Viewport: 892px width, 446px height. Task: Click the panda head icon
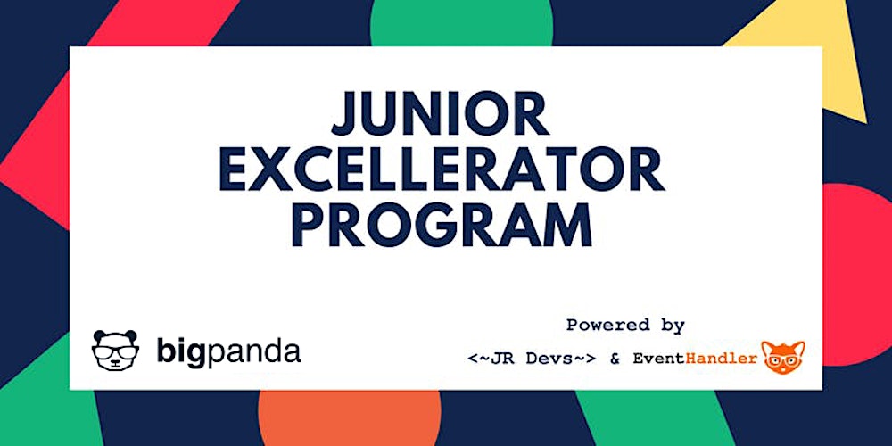coord(116,351)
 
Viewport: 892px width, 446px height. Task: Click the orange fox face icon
coord(782,357)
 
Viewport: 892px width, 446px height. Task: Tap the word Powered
coord(607,326)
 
